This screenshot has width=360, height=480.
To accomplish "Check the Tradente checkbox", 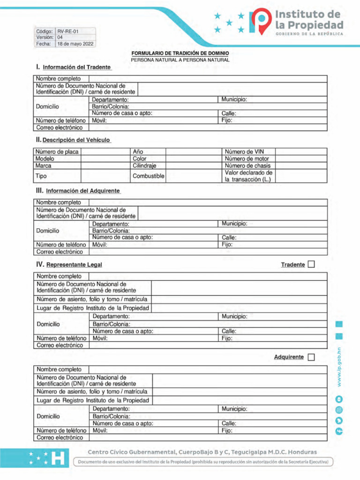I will point(311,265).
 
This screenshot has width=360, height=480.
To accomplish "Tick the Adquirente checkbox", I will point(311,357).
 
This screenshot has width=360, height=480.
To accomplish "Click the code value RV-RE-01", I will point(68,31).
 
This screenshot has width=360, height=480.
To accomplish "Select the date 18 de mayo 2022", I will point(75,44).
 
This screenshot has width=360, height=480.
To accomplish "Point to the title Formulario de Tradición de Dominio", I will point(180,54).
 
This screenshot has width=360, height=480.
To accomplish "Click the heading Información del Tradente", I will point(76,67).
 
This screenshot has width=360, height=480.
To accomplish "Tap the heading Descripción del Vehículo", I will point(76,140).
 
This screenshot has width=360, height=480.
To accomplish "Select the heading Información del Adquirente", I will point(83,191).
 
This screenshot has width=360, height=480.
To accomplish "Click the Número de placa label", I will point(57,152).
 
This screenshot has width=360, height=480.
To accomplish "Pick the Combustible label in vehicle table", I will point(148,176).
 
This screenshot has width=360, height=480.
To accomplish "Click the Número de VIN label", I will point(244,152).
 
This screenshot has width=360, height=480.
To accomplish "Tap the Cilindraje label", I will point(144,165).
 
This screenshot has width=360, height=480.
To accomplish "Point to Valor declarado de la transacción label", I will point(248,176).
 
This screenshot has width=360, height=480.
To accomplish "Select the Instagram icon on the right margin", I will point(339,410).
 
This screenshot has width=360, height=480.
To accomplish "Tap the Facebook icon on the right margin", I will point(339,431).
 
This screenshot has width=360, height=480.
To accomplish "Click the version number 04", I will point(60,37).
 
